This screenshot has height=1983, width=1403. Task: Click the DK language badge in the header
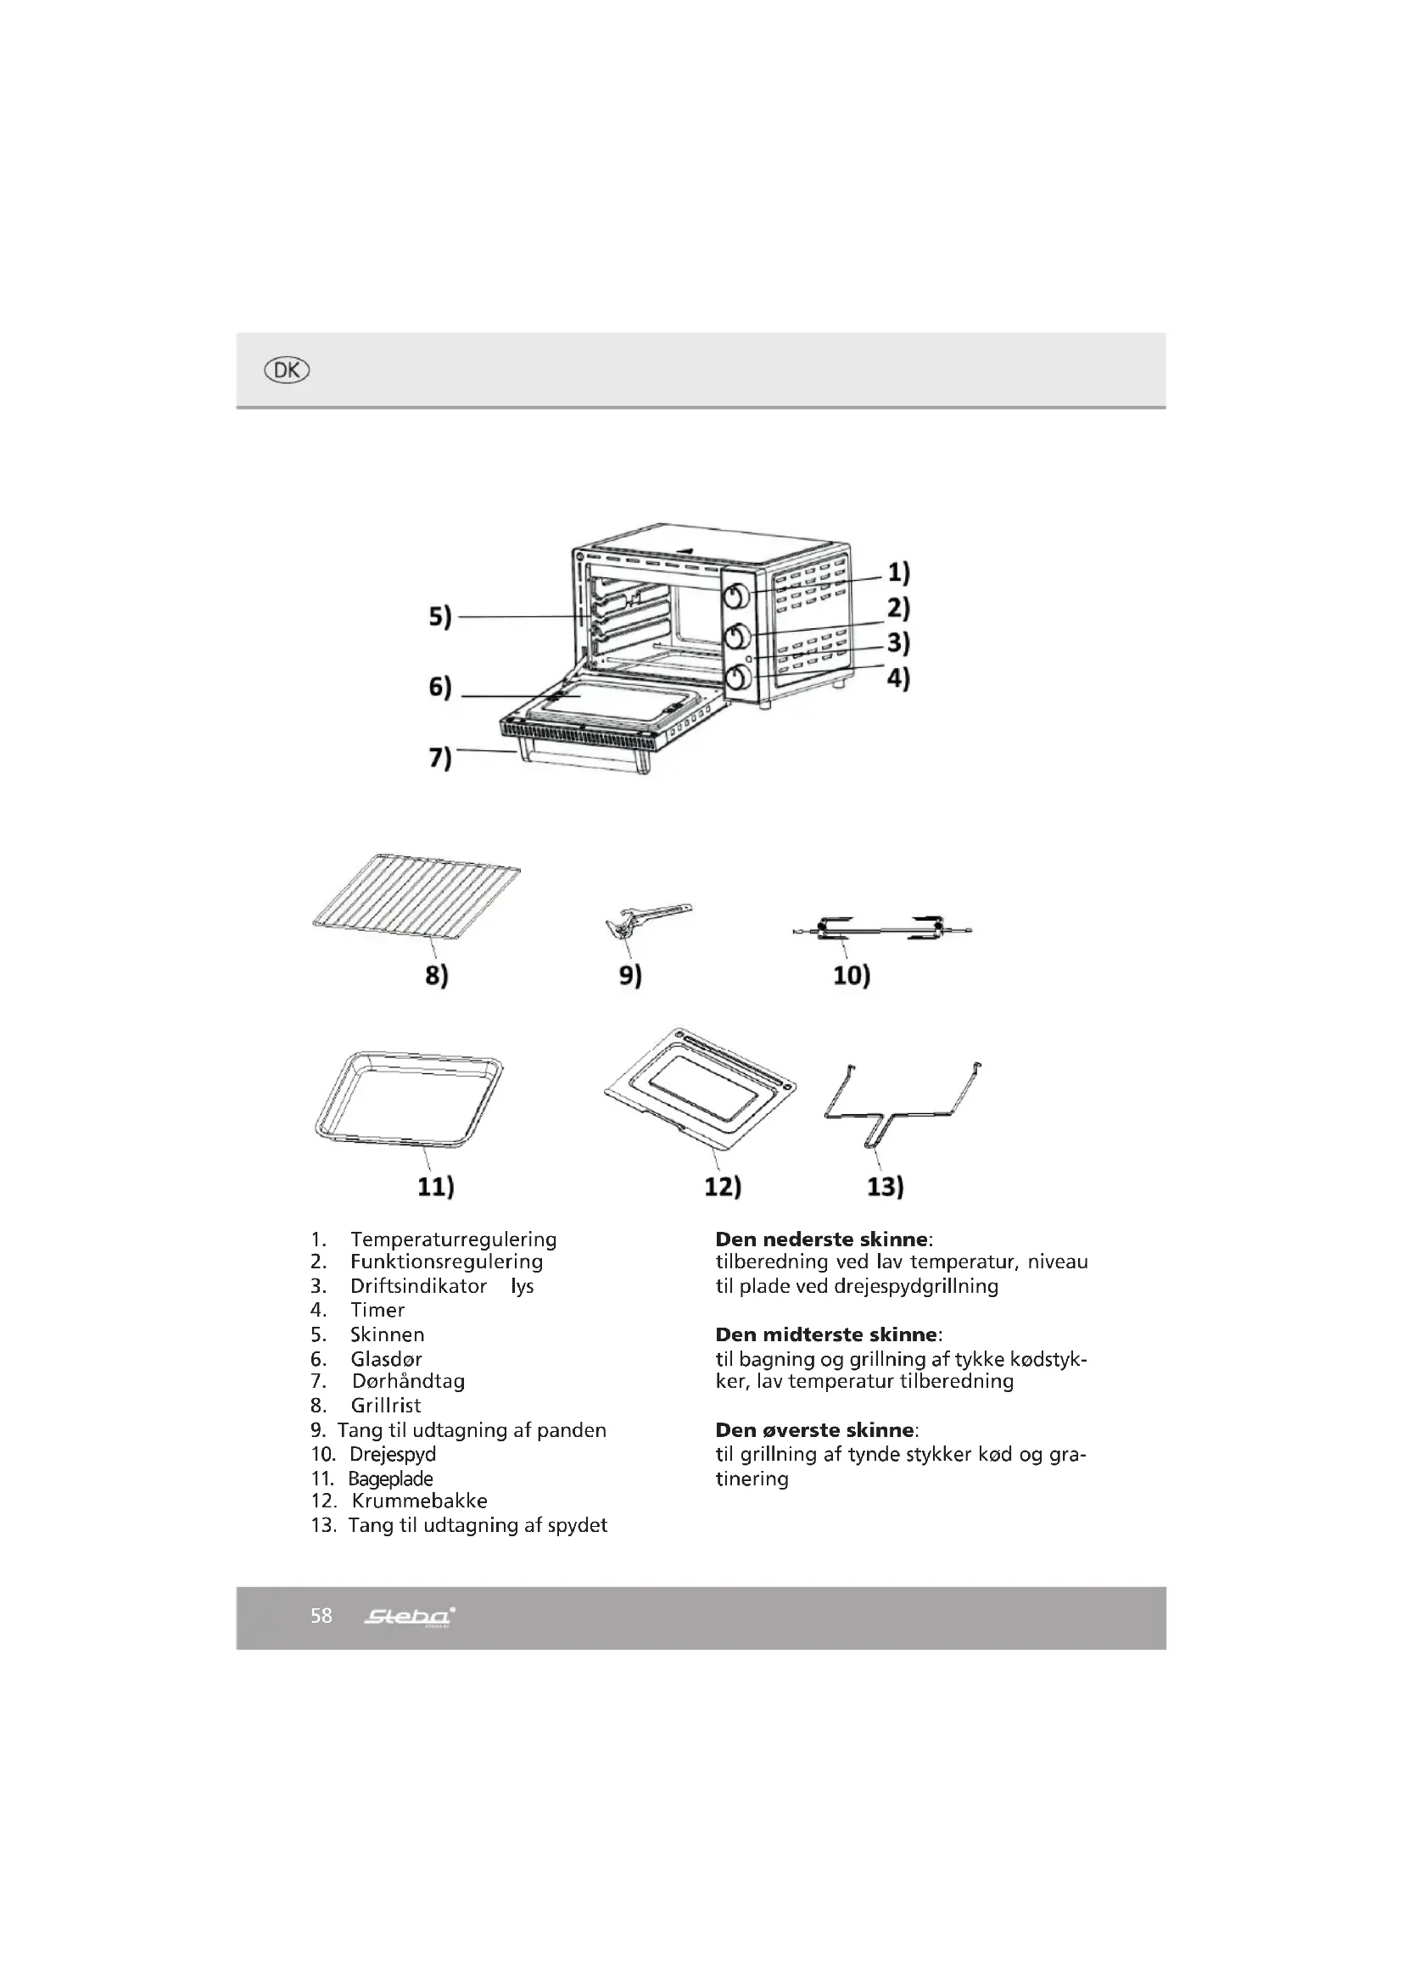click(x=286, y=370)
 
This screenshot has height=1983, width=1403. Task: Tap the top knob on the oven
click(x=737, y=596)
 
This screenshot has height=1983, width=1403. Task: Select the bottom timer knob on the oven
click(x=737, y=679)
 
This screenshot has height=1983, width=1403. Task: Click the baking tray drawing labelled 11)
click(x=408, y=1099)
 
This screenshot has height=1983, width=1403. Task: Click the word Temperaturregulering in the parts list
click(x=453, y=1239)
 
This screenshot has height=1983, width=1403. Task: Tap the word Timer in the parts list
click(x=377, y=1310)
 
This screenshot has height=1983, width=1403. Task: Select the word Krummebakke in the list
click(x=419, y=1501)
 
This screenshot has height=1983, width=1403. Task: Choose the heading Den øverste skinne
click(x=814, y=1429)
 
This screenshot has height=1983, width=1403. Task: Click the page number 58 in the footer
click(x=321, y=1615)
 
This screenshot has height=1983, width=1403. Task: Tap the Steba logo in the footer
click(x=410, y=1616)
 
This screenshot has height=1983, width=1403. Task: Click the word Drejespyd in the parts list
click(x=392, y=1454)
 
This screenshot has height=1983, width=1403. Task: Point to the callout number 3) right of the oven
click(x=898, y=643)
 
